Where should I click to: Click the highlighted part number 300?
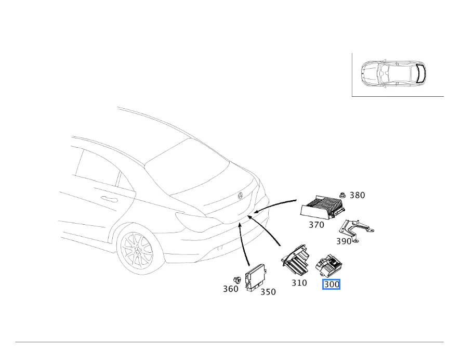[x=332, y=285]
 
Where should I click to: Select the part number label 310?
[x=299, y=283]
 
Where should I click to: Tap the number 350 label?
[x=268, y=292]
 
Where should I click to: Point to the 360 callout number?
[x=231, y=289]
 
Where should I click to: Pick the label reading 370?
[x=316, y=225]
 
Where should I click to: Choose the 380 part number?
[x=357, y=196]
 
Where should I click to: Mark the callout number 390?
[x=344, y=241]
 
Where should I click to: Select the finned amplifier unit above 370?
[x=322, y=207]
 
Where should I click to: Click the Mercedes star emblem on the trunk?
[x=240, y=196]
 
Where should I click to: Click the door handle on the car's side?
[x=109, y=199]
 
